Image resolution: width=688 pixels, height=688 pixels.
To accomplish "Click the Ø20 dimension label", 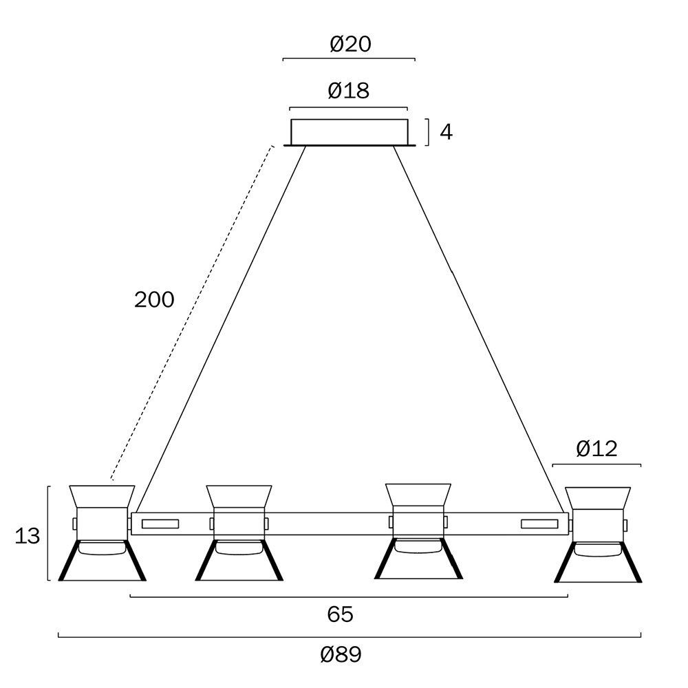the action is [x=351, y=44].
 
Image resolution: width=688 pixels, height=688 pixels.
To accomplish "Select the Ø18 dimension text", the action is [x=349, y=91].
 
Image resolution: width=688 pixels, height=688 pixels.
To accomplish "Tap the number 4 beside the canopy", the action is [x=447, y=132].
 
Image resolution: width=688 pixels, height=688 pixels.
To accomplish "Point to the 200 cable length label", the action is [x=154, y=300].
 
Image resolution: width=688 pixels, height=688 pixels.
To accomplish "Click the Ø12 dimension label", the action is [x=596, y=449].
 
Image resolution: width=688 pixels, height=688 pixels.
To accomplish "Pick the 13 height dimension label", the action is [x=28, y=536].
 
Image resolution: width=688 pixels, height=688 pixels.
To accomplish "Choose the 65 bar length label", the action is [x=340, y=614].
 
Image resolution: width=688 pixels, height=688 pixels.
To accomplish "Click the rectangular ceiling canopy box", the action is [x=350, y=131].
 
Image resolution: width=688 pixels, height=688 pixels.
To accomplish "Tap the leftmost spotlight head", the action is [x=103, y=533].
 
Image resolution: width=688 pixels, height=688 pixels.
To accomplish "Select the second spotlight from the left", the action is [x=239, y=533].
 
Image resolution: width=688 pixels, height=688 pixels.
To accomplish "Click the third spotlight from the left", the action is [x=418, y=531].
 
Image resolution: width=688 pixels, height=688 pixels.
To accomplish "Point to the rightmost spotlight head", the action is [x=598, y=535].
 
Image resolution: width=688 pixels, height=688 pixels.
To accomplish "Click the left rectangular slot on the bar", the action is [x=160, y=524].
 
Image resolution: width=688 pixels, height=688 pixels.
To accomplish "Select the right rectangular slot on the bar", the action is [x=539, y=524].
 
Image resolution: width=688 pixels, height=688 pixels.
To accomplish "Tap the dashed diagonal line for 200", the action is [x=192, y=312].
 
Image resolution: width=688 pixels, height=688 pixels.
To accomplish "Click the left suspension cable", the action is [x=222, y=329].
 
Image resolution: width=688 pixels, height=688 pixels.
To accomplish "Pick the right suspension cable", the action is [x=478, y=329].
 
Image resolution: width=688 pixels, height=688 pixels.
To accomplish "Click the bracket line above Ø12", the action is [x=596, y=464].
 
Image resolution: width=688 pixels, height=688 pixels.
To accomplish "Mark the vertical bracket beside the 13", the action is [x=48, y=533].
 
